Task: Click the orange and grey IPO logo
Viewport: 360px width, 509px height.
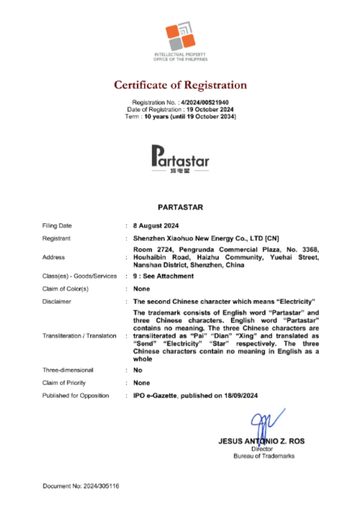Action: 180,37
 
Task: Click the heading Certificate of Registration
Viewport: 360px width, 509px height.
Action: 180,85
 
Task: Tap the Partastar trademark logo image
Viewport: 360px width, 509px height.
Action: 180,159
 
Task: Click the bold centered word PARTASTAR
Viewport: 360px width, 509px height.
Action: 180,207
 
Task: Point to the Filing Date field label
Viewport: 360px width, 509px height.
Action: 57,226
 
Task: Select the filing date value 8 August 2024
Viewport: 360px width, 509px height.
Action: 156,226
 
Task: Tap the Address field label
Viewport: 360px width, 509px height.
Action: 53,257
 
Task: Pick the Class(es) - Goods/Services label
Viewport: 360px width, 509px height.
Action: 80,276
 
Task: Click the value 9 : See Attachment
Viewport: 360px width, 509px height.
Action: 163,276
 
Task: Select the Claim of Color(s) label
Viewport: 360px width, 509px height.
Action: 65,289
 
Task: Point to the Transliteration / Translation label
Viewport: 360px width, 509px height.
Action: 80,336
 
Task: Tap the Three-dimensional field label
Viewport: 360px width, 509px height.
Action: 68,370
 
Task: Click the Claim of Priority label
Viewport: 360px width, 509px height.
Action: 64,382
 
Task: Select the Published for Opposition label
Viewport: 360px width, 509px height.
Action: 75,395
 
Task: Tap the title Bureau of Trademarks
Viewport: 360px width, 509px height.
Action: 264,456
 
